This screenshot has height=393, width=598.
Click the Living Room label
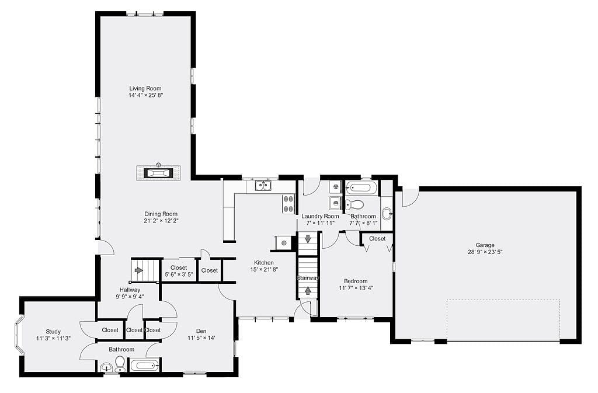point(145,88)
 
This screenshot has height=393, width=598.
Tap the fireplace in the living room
point(158,173)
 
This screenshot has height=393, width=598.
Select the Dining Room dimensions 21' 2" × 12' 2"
point(161,221)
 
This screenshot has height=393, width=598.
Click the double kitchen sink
point(263,186)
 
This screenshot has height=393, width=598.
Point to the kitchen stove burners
point(288,204)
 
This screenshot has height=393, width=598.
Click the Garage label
point(485,245)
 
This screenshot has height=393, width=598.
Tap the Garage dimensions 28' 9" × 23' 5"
point(485,252)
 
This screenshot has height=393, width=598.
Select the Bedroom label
point(356,281)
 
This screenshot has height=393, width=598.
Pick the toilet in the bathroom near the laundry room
point(354,205)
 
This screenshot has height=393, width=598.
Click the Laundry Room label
point(320,216)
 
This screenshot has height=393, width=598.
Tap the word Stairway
point(308,278)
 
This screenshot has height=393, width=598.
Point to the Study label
point(53,332)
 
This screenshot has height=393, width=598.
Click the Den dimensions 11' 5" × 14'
point(201,338)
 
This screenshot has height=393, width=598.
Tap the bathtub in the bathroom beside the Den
point(145,366)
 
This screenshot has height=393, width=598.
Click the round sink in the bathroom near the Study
point(106,368)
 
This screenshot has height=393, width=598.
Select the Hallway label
point(130,290)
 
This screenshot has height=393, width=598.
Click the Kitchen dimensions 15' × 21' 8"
point(264,269)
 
